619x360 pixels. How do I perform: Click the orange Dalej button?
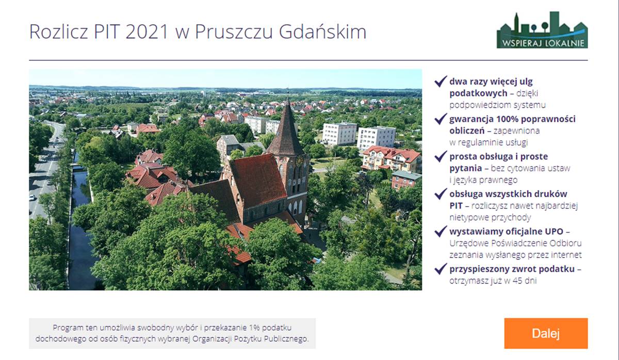click(x=546, y=333)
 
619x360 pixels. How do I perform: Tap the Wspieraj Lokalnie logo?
click(x=542, y=30)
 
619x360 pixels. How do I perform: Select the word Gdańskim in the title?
click(x=322, y=31)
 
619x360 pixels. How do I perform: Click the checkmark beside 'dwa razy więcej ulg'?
click(x=441, y=81)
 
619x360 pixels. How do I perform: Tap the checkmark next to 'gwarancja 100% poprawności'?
click(x=441, y=119)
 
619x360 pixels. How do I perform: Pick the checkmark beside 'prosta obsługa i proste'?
click(x=441, y=156)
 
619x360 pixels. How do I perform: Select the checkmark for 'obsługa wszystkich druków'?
click(x=441, y=194)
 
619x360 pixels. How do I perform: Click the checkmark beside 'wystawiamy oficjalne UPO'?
click(x=441, y=231)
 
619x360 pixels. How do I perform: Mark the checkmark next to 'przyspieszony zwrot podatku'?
click(x=441, y=269)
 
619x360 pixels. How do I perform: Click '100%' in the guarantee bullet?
click(x=508, y=119)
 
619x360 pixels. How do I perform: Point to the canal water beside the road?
click(x=80, y=221)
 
